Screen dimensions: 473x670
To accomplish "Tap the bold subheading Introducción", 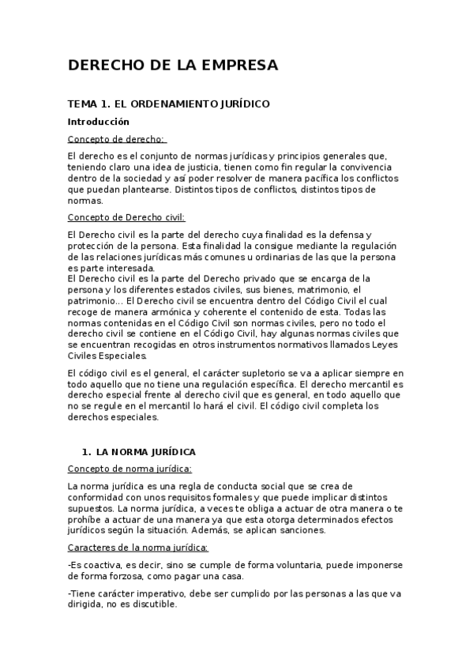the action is (x=98, y=122).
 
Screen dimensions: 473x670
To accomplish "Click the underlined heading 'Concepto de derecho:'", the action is (x=116, y=139).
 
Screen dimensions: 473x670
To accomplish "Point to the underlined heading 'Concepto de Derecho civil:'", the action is (x=126, y=216).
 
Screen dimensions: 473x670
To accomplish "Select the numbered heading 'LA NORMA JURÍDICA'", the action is (x=145, y=452).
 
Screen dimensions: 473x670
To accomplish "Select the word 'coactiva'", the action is (x=106, y=565).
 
